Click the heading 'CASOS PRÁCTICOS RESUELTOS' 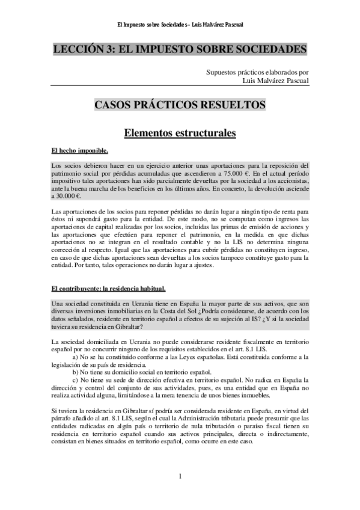pos(180,105)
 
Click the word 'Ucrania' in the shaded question pos(135,303)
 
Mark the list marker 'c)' pos(75,380)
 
